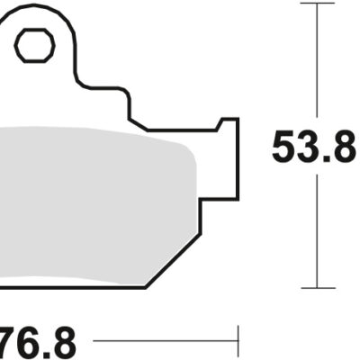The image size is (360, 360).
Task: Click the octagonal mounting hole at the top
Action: click(x=34, y=44)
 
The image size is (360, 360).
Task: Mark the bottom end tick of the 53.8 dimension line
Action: click(x=318, y=288)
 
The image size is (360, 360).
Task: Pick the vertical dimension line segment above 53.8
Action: click(x=318, y=63)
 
